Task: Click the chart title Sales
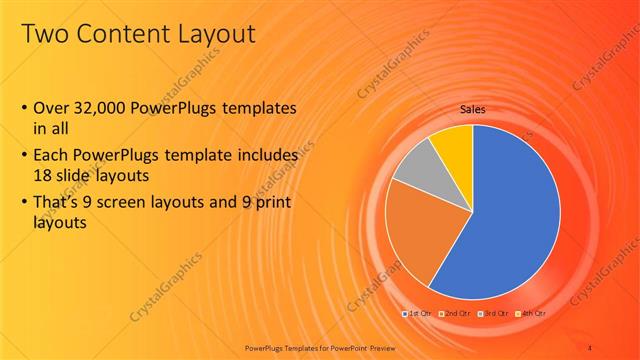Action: point(473,109)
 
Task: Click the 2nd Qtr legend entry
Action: point(456,314)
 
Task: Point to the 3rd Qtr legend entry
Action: point(494,314)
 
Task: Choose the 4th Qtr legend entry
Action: point(530,314)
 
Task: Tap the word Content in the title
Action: point(124,35)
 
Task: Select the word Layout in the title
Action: point(216,35)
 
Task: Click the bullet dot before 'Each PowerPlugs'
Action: point(25,157)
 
